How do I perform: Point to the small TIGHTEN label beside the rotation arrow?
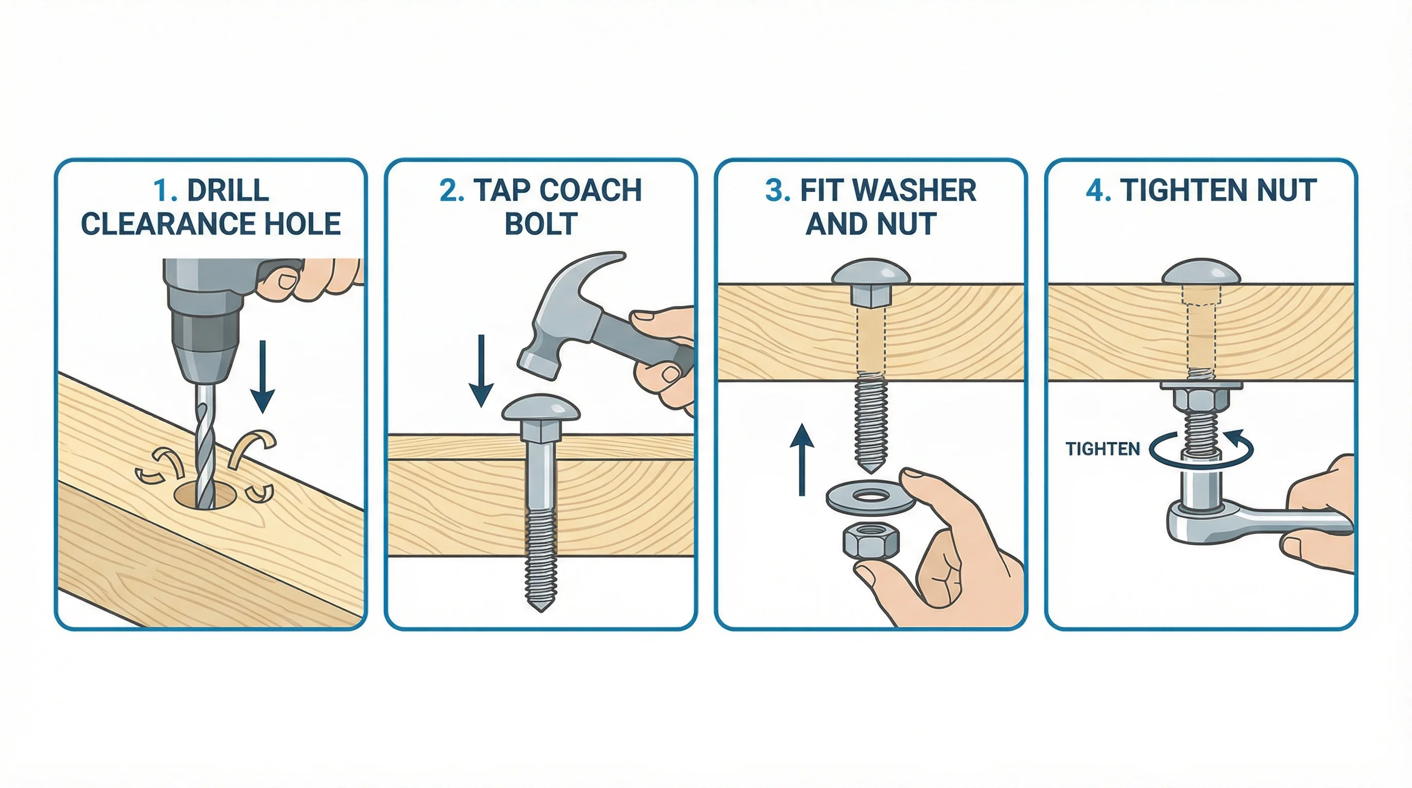(1102, 449)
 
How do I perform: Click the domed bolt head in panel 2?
(540, 409)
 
